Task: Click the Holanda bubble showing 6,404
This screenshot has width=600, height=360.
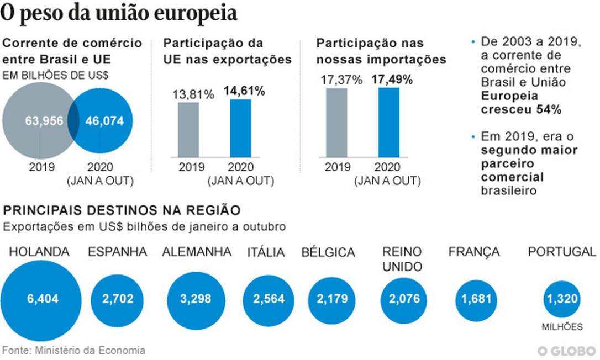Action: tap(42, 299)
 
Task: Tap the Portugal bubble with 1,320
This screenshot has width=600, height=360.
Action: tap(562, 299)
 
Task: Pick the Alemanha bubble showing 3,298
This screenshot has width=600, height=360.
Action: tap(196, 299)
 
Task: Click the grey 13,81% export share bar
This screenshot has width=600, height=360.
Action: tap(188, 129)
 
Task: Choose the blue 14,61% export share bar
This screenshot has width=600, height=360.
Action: tap(240, 128)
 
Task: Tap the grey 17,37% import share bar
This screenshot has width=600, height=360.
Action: tap(336, 123)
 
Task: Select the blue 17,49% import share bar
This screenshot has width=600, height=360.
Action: tap(389, 122)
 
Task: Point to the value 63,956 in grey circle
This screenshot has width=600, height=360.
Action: tap(45, 121)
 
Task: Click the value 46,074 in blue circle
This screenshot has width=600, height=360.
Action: tap(105, 121)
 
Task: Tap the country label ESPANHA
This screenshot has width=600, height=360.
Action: tap(118, 252)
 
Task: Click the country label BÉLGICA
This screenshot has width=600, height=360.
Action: tap(328, 253)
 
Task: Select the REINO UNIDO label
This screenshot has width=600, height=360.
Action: tap(402, 259)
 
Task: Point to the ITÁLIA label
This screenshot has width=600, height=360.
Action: tap(266, 253)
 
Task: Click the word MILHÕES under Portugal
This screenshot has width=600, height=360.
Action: tap(562, 327)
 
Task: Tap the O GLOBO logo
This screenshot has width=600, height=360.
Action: tap(568, 351)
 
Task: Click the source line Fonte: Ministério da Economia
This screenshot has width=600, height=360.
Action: tap(74, 350)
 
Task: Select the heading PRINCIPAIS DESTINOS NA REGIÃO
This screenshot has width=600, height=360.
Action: tap(122, 210)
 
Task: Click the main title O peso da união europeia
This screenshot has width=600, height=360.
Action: tap(119, 14)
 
